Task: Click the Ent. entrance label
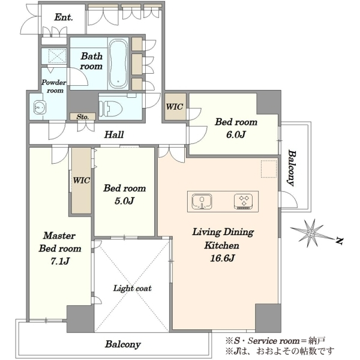pyautogui.click(x=64, y=17)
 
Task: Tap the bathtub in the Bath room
pyautogui.click(x=118, y=64)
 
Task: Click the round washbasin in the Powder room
pyautogui.click(x=40, y=107)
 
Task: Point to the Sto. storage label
pyautogui.click(x=83, y=117)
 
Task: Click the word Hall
pyautogui.click(x=114, y=134)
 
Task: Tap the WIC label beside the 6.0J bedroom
pyautogui.click(x=175, y=107)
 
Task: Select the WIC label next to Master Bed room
pyautogui.click(x=82, y=180)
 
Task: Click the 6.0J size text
pyautogui.click(x=236, y=134)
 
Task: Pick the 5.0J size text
pyautogui.click(x=124, y=201)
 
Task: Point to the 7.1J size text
pyautogui.click(x=60, y=261)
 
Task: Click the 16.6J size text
pyautogui.click(x=222, y=258)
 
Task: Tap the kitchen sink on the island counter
pyautogui.click(x=202, y=202)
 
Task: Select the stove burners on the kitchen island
pyautogui.click(x=244, y=202)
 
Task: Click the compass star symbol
pyautogui.click(x=311, y=233)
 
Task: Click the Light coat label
pyautogui.click(x=133, y=289)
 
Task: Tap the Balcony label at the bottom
pyautogui.click(x=123, y=344)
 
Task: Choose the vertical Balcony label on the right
pyautogui.click(x=291, y=168)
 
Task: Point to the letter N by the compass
pyautogui.click(x=339, y=241)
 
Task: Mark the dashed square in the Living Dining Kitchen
pyautogui.click(x=269, y=169)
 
